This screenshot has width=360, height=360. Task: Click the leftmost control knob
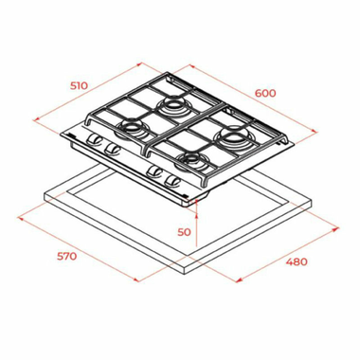(x=95, y=145)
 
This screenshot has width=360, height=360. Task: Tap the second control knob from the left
(x=113, y=151)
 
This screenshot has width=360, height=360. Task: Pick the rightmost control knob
(x=173, y=178)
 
